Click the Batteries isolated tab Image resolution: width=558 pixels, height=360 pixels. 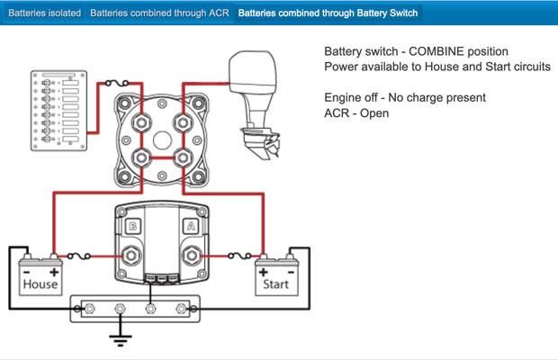click(x=42, y=13)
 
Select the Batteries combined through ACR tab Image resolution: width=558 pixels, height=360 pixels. click(x=159, y=13)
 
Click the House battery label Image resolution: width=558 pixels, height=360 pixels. click(x=40, y=283)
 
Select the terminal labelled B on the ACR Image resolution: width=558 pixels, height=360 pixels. click(x=131, y=227)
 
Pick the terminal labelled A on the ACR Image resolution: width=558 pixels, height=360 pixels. click(x=191, y=227)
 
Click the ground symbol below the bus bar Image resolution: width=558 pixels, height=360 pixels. click(x=117, y=339)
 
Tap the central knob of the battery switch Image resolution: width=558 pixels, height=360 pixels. click(x=161, y=142)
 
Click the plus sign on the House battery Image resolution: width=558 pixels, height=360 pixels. click(x=54, y=270)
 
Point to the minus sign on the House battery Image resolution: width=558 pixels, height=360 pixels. click(x=28, y=270)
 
